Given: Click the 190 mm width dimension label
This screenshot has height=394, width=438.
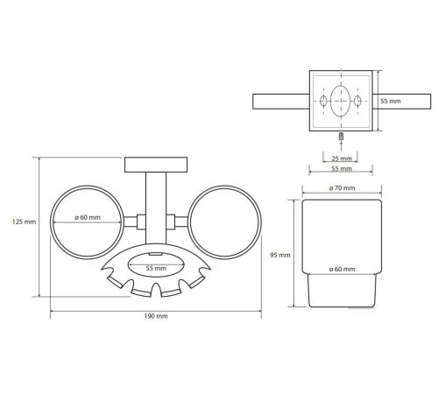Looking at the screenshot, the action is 156,316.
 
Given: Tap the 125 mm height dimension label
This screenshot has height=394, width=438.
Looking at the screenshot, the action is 24,222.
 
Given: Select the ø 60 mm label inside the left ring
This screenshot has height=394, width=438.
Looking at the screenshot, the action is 88,217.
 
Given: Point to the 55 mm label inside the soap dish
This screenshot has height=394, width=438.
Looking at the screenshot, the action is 156,268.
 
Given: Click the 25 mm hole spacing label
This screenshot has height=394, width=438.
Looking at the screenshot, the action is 342,158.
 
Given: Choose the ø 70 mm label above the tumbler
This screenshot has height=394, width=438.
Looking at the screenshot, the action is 342,188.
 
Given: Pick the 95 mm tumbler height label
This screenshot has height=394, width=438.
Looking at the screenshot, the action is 280,255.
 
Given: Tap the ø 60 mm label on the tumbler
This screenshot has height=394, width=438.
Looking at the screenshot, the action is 342,269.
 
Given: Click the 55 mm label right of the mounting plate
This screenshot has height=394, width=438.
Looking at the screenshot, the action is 391,102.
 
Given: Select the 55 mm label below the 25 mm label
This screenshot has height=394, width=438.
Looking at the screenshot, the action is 342,169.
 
